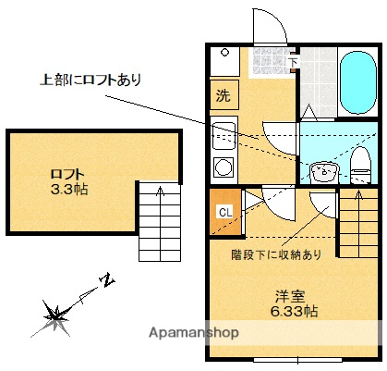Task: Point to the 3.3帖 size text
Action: pos(69,190)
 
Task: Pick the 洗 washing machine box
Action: pos(224,94)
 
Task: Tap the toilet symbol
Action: pos(358,165)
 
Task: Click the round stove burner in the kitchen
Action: pos(222,167)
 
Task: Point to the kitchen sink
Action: pos(222,136)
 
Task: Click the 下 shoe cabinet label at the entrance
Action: pos(294,62)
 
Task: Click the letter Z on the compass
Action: pos(107,278)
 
